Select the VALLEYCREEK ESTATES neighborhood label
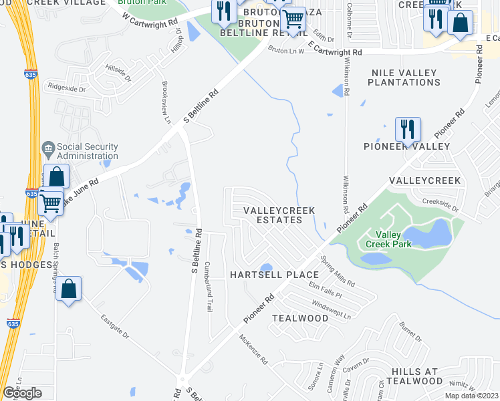279,215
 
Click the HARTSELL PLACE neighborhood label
274,275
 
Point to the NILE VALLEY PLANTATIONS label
404,78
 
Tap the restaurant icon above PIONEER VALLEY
407,129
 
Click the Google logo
22,393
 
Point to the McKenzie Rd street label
254,350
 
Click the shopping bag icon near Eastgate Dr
69,289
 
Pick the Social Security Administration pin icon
47,147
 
